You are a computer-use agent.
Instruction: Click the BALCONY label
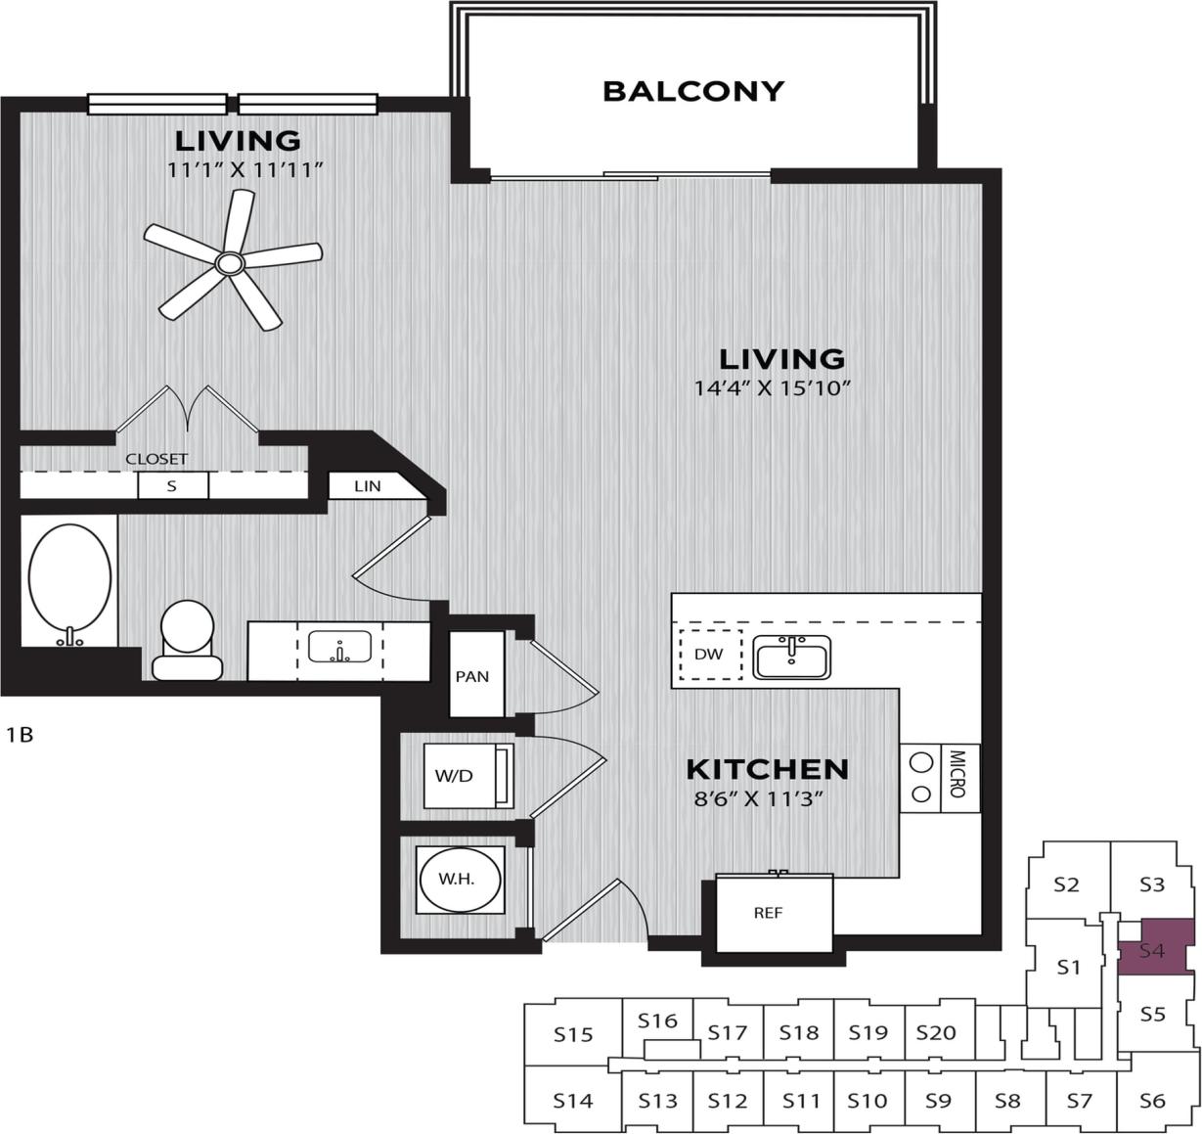click(x=693, y=91)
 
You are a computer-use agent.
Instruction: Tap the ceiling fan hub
click(x=230, y=262)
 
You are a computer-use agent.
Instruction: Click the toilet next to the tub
click(x=187, y=639)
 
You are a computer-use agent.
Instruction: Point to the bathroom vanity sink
click(x=339, y=647)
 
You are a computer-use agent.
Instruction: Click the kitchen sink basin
click(x=791, y=657)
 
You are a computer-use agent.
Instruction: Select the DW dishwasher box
click(x=710, y=655)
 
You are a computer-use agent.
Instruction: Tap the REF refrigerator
click(x=769, y=913)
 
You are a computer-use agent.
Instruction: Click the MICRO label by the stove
click(x=957, y=773)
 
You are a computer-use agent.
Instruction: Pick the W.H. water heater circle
click(x=457, y=880)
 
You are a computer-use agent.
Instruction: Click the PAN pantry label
click(x=472, y=676)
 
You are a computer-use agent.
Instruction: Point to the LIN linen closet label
click(x=368, y=485)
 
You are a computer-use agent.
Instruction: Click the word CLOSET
click(x=156, y=458)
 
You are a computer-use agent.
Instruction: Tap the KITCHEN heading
click(x=767, y=769)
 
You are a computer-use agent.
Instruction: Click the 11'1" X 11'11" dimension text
click(x=245, y=170)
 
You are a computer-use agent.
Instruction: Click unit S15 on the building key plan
click(x=573, y=1034)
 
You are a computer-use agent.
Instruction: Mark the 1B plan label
click(x=20, y=734)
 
